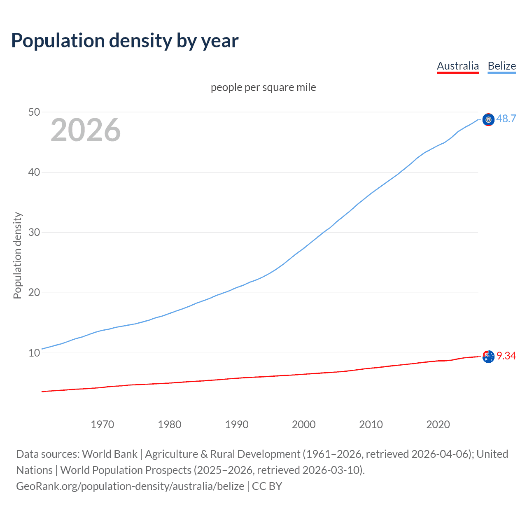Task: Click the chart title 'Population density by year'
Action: tap(125, 41)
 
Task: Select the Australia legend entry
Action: tap(458, 66)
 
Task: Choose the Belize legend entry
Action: tap(501, 66)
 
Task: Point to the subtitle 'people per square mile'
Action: tap(263, 87)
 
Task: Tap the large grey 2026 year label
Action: tap(86, 130)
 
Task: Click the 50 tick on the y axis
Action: tap(34, 112)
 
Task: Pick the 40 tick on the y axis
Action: tap(34, 172)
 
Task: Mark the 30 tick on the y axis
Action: tap(34, 232)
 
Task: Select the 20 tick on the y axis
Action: tap(34, 293)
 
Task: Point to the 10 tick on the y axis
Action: tap(34, 353)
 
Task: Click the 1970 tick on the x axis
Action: tap(102, 424)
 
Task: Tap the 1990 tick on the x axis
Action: tap(237, 424)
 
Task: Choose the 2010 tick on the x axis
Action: tap(371, 424)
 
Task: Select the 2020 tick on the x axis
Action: tap(438, 424)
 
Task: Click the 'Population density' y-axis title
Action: tap(17, 255)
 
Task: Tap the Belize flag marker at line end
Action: tap(488, 120)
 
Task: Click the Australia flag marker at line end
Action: tap(488, 357)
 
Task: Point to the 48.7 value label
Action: tap(506, 119)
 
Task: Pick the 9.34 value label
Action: tap(506, 356)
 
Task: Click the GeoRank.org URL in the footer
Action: tap(130, 486)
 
